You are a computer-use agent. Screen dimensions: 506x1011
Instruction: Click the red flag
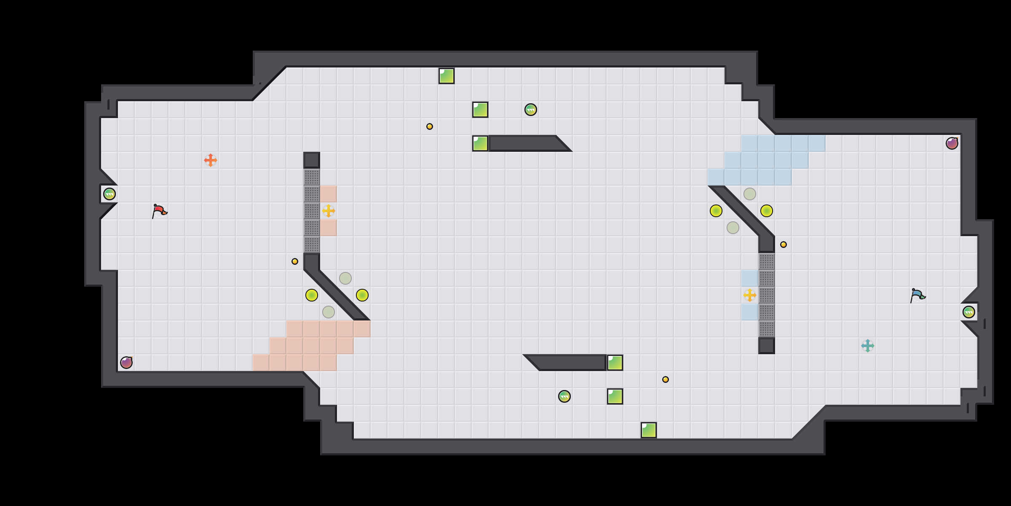click(159, 210)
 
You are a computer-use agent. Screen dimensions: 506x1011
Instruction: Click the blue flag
click(917, 295)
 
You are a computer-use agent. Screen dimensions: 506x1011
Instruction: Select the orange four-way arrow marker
click(211, 160)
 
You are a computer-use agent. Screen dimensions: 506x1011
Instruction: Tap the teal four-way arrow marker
click(868, 346)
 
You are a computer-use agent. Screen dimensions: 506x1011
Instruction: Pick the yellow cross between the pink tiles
click(329, 211)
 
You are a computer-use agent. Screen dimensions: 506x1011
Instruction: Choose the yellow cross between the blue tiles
click(750, 295)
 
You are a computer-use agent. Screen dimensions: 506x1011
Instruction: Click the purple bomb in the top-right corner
click(952, 143)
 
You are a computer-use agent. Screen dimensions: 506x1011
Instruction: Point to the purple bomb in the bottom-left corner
click(126, 363)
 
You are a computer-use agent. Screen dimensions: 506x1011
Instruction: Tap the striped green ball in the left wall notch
click(110, 194)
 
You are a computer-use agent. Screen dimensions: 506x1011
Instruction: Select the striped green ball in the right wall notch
click(969, 312)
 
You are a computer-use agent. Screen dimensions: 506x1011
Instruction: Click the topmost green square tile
click(447, 76)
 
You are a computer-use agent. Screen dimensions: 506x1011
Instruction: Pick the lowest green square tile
click(649, 430)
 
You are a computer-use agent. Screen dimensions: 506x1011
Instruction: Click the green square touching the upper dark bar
click(480, 143)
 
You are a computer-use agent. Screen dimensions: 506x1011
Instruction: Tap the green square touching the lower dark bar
click(615, 363)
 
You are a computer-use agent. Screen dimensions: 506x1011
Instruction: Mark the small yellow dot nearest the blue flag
click(784, 245)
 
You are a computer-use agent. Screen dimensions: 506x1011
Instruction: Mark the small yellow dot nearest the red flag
click(295, 261)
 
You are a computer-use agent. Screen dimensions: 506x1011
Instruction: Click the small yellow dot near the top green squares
click(430, 126)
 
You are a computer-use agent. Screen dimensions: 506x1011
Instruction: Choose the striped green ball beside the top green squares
click(531, 110)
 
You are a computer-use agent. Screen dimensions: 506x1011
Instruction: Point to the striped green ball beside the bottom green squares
click(564, 396)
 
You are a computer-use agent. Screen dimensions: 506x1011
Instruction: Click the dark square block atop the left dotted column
click(312, 160)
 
